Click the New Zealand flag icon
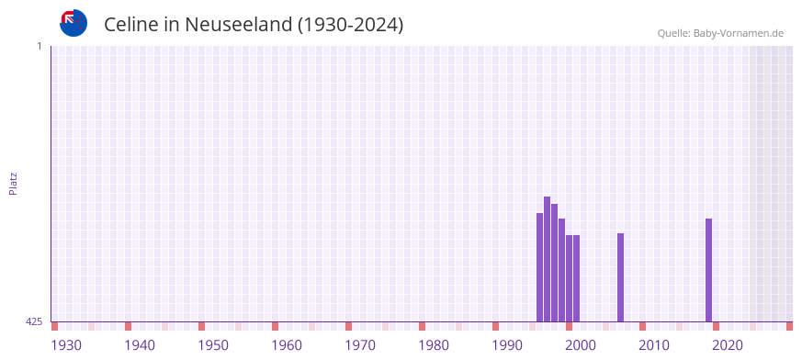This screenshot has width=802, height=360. pyautogui.click(x=73, y=23)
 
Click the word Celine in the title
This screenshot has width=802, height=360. pyautogui.click(x=131, y=25)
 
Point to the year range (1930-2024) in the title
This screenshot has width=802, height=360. pyautogui.click(x=350, y=25)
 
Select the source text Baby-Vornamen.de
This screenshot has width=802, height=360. pyautogui.click(x=739, y=33)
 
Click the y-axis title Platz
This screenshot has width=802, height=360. pyautogui.click(x=13, y=183)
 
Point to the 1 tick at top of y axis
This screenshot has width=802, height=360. pyautogui.click(x=39, y=46)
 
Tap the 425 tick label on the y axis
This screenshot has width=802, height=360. pyautogui.click(x=34, y=321)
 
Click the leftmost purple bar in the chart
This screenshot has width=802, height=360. pyautogui.click(x=539, y=267)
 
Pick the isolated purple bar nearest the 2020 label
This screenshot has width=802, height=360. pyautogui.click(x=708, y=270)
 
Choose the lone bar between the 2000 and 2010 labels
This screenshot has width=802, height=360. pyautogui.click(x=620, y=277)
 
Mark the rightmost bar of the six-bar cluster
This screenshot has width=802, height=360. pyautogui.click(x=576, y=278)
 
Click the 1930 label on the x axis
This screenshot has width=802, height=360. pyautogui.click(x=66, y=345)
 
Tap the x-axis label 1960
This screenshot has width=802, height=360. pyautogui.click(x=287, y=345)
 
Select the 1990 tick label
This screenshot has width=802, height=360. pyautogui.click(x=507, y=345)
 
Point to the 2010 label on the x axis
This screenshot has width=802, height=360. pyautogui.click(x=654, y=345)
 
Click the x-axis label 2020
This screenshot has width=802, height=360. pyautogui.click(x=728, y=345)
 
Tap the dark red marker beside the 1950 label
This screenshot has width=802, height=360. pyautogui.click(x=201, y=326)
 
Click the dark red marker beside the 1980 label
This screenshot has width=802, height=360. pyautogui.click(x=422, y=326)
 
